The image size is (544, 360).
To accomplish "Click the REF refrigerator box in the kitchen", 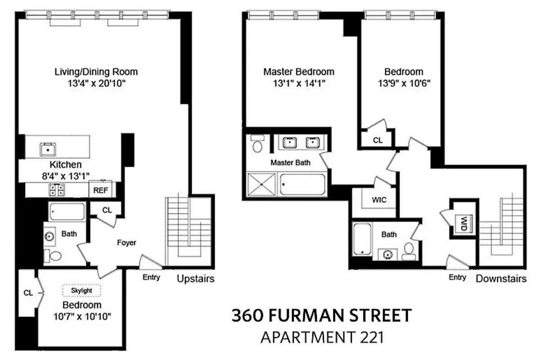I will pos(100,190).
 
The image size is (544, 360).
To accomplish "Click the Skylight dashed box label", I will pos(81,291).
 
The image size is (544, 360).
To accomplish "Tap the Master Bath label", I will pos(290,163).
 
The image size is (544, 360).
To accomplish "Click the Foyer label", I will pos(126,243).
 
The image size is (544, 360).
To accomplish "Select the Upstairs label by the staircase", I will pos(195,279).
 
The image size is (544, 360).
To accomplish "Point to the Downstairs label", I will pos(501,279).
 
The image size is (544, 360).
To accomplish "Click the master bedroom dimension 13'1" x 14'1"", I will pos(299,83).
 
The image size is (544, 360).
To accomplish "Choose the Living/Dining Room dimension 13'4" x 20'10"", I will pos(96,83).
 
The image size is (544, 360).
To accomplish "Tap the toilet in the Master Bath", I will pos(258,145).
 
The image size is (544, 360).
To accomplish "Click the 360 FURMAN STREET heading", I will pos(321,315).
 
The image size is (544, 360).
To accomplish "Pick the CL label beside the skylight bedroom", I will pos(28,293).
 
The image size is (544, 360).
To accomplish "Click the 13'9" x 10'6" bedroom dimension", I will pos(403,83).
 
